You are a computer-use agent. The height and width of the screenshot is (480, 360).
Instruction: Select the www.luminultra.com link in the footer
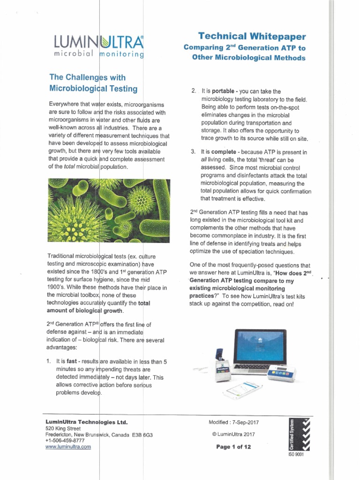[68, 447]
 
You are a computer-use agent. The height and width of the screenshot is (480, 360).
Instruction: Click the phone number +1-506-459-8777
[65, 441]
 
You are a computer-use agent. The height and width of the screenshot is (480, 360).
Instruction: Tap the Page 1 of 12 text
[233, 447]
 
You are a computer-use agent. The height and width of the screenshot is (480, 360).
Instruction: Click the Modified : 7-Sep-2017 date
[233, 422]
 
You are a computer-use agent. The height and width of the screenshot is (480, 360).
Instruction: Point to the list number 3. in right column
[193, 152]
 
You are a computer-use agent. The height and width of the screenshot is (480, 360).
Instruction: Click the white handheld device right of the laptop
[287, 374]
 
